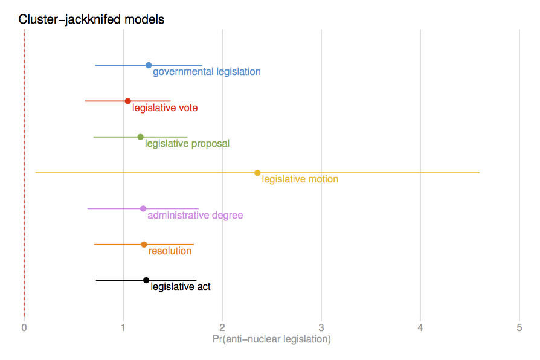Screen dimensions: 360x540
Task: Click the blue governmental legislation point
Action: [x=149, y=65]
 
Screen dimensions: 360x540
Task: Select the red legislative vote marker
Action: [x=127, y=101]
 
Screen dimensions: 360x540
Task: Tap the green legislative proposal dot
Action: [x=140, y=137]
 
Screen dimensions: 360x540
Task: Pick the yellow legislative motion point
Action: [x=257, y=173]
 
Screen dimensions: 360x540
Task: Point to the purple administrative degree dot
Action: [x=143, y=208]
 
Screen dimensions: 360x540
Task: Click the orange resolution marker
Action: [x=144, y=245]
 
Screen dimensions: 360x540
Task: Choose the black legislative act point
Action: [x=146, y=280]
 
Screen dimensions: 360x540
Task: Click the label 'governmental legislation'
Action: [x=207, y=72]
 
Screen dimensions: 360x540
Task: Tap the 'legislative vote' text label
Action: [x=165, y=108]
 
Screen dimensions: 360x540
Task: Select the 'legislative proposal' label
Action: [x=187, y=144]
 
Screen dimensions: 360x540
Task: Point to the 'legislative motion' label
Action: [x=300, y=179]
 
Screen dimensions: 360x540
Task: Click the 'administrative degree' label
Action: [x=195, y=216]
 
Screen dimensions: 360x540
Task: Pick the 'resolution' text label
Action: [x=170, y=251]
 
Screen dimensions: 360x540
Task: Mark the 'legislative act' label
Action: [x=181, y=287]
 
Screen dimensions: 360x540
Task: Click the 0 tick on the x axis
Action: [x=24, y=327]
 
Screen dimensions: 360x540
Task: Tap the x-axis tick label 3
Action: [x=321, y=327]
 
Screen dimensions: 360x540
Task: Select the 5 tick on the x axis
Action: [x=519, y=327]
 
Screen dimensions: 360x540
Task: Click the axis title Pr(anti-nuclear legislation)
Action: [x=272, y=339]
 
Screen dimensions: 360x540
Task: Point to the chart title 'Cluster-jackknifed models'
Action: [x=91, y=19]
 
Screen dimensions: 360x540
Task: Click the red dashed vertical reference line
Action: [x=24, y=181]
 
